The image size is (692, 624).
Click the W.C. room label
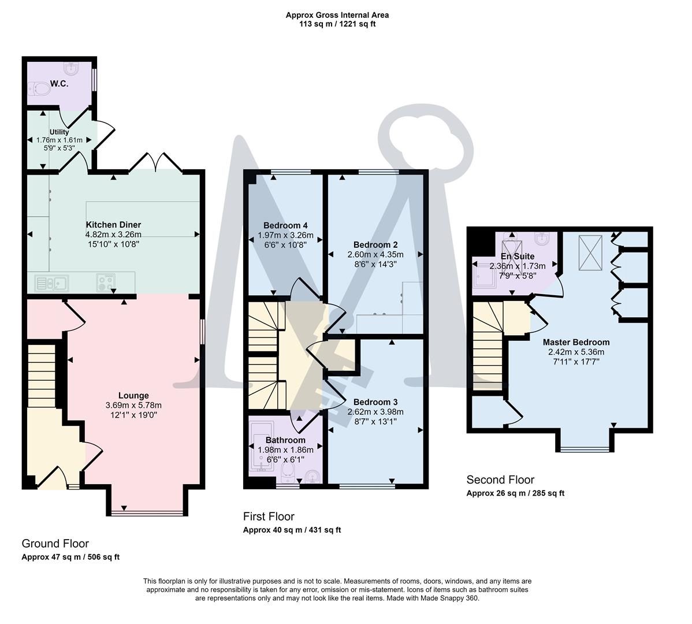pyautogui.click(x=59, y=84)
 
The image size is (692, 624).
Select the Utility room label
pyautogui.click(x=59, y=132)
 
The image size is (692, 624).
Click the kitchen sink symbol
pyautogui.click(x=51, y=283)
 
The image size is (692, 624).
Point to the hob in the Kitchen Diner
pyautogui.click(x=105, y=283)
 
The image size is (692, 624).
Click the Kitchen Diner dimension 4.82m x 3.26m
pyautogui.click(x=113, y=235)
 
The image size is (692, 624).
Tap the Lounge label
pyautogui.click(x=133, y=396)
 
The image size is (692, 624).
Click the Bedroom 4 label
pyautogui.click(x=285, y=225)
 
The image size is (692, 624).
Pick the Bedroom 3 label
pyautogui.click(x=375, y=402)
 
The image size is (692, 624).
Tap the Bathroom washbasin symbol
pyautogui.click(x=312, y=477)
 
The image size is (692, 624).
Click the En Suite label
pyautogui.click(x=517, y=256)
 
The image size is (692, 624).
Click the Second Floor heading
pyautogui.click(x=500, y=480)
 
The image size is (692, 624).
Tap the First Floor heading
pyautogui.click(x=269, y=517)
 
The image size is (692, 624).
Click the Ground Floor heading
pyautogui.click(x=55, y=543)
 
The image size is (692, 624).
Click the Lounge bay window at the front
pyautogui.click(x=148, y=512)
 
